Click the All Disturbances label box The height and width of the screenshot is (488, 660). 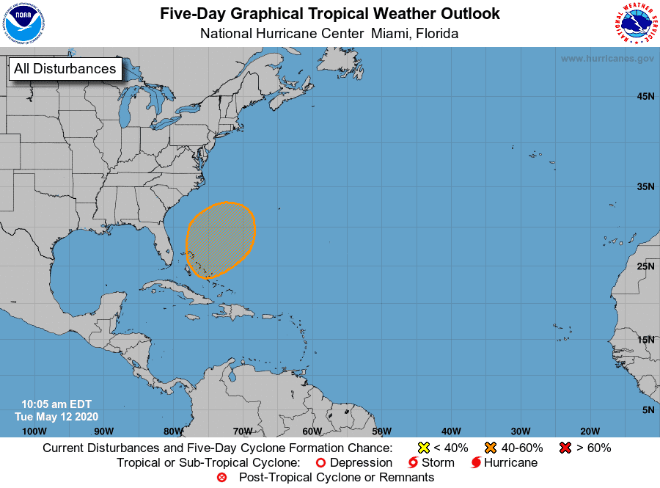coord(65,69)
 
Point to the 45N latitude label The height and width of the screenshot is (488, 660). coord(645,96)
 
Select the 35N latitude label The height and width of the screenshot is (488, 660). coord(645,186)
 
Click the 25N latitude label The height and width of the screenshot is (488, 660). coord(645,266)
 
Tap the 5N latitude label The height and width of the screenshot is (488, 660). coord(648,409)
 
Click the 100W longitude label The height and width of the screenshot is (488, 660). coord(34,431)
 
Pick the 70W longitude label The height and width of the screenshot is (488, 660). coord(243,431)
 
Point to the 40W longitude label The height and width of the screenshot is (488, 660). coord(451,431)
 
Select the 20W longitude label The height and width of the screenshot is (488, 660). coord(590,431)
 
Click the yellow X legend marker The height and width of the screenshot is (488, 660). coord(423,448)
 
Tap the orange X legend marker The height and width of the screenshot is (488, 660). coord(491,448)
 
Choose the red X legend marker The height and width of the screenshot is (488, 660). coord(565,448)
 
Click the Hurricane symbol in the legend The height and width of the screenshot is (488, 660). coord(476,463)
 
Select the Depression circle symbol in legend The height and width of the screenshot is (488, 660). coord(320,463)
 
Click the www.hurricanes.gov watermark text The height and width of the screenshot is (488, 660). coord(607,58)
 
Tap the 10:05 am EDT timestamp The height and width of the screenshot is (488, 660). coord(56,404)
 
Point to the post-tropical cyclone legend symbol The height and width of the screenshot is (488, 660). coord(222,478)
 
